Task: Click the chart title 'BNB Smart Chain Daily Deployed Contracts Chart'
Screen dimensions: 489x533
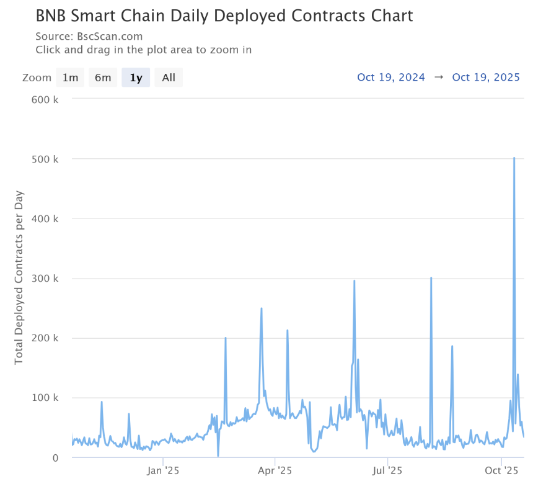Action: coord(224,15)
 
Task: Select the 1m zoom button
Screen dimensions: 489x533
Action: coord(70,78)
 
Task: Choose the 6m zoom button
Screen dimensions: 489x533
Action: coord(103,78)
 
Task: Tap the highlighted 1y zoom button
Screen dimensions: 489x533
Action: coord(136,78)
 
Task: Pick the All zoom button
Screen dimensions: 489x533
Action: coord(169,78)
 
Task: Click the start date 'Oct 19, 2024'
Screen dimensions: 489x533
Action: coord(391,78)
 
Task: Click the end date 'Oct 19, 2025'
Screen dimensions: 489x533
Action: coord(486,78)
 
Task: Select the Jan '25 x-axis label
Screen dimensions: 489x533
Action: coord(163,470)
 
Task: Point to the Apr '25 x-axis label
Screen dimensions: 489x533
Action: coord(275,470)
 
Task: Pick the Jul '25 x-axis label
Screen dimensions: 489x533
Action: coord(387,470)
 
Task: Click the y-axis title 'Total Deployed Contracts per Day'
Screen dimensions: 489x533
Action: coord(19,277)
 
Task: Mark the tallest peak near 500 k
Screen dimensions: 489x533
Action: coord(514,158)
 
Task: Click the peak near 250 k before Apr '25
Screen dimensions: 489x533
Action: coord(262,308)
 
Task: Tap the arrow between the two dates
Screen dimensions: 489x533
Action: coord(439,78)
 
